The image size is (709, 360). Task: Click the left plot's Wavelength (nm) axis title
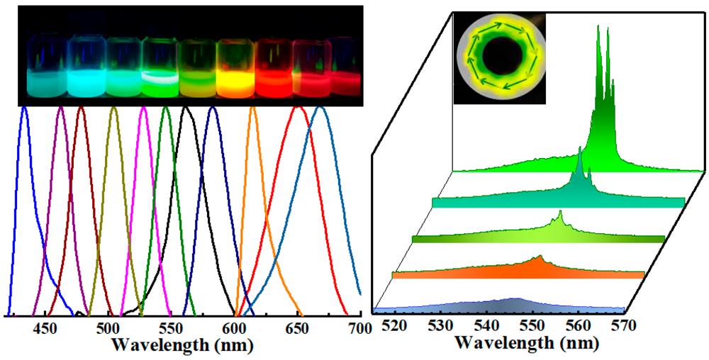click(183, 345)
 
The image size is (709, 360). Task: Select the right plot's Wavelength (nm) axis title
click(527, 343)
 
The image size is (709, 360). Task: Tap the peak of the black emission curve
click(186, 108)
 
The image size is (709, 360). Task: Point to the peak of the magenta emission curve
click(143, 108)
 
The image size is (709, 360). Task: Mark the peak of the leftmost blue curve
click(26, 108)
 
